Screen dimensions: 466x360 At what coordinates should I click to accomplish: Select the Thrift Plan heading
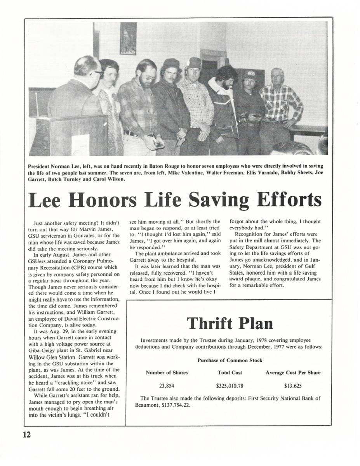click(x=230, y=323)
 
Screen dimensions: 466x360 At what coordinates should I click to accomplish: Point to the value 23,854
click(x=167, y=386)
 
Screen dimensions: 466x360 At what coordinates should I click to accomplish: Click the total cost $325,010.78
click(x=230, y=386)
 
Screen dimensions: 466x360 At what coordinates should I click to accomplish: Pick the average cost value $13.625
click(x=293, y=386)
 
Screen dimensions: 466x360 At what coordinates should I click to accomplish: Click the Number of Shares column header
click(x=167, y=372)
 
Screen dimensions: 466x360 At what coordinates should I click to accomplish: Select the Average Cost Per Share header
click(x=293, y=372)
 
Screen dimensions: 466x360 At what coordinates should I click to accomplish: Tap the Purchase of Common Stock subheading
click(x=230, y=360)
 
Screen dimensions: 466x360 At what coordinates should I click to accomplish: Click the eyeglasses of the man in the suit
click(x=98, y=73)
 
